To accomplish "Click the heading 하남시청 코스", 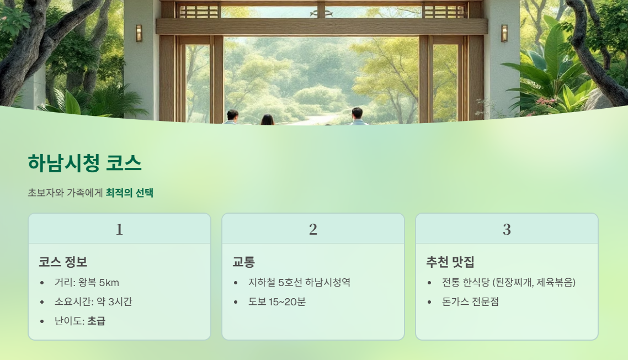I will pyautogui.click(x=84, y=163).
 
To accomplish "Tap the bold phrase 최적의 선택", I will pyautogui.click(x=129, y=193).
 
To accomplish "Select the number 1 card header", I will pyautogui.click(x=119, y=229).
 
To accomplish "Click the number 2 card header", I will pyautogui.click(x=313, y=229).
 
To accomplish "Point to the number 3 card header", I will pyautogui.click(x=507, y=229).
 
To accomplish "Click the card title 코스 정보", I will pyautogui.click(x=63, y=262).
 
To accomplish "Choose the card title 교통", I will pyautogui.click(x=243, y=262).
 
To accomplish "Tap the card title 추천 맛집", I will pyautogui.click(x=450, y=262).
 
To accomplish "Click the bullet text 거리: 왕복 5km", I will pyautogui.click(x=87, y=283).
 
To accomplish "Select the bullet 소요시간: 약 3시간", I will pyautogui.click(x=93, y=302).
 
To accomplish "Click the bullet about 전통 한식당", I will pyautogui.click(x=509, y=283).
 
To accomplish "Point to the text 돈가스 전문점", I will pyautogui.click(x=470, y=302).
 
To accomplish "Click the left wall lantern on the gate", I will pyautogui.click(x=139, y=33).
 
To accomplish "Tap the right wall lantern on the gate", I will pyautogui.click(x=504, y=33).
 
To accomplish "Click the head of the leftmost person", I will pyautogui.click(x=232, y=115).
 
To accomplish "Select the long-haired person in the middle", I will pyautogui.click(x=267, y=120).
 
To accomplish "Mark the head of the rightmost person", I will pyautogui.click(x=357, y=113).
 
